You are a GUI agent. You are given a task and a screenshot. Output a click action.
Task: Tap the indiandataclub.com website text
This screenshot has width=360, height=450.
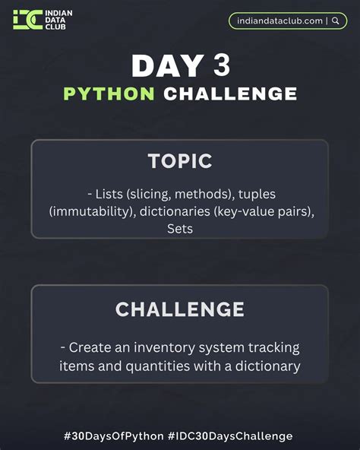(279, 21)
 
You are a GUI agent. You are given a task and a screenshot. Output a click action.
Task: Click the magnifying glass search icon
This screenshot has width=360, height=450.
(335, 21)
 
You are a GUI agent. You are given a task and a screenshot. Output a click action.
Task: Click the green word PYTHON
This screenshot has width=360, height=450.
(109, 94)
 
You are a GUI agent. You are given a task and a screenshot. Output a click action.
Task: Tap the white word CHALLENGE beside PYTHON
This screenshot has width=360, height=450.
(230, 94)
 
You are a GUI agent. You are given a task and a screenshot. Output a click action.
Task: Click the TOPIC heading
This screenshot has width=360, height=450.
(180, 161)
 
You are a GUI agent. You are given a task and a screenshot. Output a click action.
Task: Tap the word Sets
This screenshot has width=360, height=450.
(180, 228)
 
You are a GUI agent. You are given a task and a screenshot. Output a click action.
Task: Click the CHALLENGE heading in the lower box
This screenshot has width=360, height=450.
(180, 309)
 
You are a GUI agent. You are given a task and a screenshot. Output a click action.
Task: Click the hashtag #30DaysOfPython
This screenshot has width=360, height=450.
(114, 436)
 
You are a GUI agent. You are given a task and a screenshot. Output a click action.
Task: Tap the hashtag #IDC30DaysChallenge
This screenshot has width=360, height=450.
(230, 436)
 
